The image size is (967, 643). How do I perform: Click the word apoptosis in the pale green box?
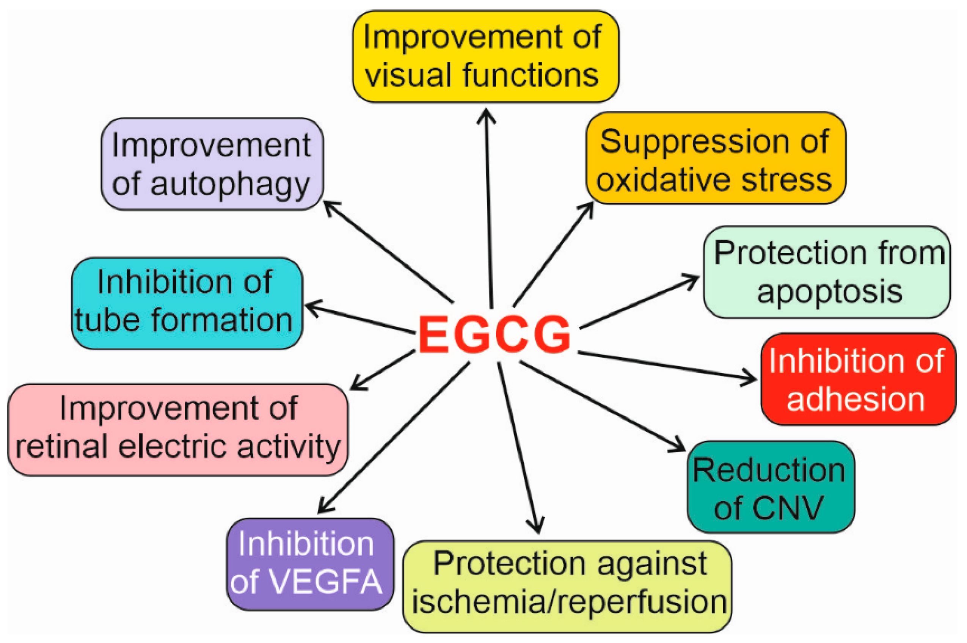point(829,292)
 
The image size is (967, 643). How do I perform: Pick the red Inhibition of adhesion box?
point(858,380)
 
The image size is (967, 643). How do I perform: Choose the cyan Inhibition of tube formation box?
point(187,303)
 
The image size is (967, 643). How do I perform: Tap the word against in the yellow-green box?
point(651,564)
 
